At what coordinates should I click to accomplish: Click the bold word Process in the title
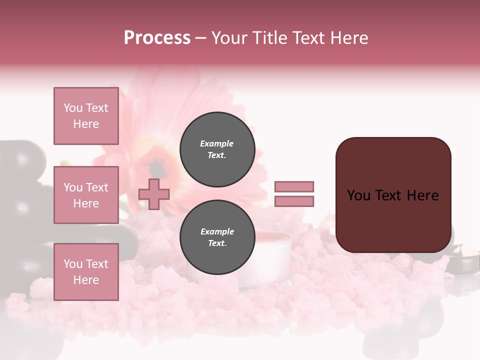pyautogui.click(x=157, y=38)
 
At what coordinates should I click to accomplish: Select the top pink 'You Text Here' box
pyautogui.click(x=86, y=116)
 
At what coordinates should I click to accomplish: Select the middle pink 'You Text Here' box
pyautogui.click(x=86, y=195)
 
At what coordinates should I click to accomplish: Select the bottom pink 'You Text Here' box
pyautogui.click(x=86, y=272)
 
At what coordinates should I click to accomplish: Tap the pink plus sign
pyautogui.click(x=154, y=194)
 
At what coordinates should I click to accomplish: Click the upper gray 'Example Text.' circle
pyautogui.click(x=217, y=149)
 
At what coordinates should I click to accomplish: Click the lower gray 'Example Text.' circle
pyautogui.click(x=217, y=237)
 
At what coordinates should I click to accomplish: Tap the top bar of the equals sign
pyautogui.click(x=294, y=186)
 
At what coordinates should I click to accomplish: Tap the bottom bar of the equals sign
pyautogui.click(x=294, y=201)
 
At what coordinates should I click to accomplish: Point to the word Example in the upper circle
pyautogui.click(x=217, y=143)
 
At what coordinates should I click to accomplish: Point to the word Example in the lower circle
pyautogui.click(x=217, y=231)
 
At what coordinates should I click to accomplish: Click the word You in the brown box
pyautogui.click(x=358, y=195)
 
